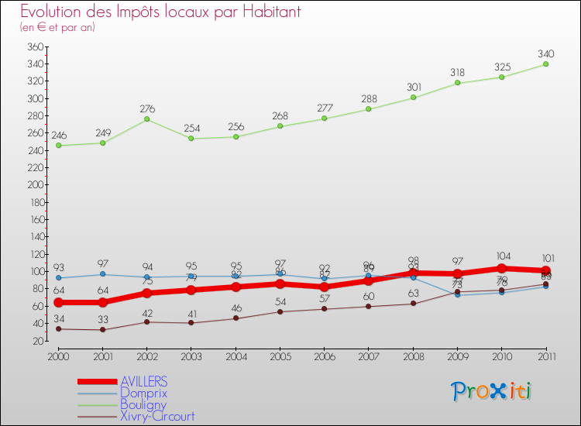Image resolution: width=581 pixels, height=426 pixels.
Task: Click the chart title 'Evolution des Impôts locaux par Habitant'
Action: (160, 12)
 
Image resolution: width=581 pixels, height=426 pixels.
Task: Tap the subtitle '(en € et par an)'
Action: (57, 27)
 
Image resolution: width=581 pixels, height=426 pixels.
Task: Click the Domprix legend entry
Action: (143, 393)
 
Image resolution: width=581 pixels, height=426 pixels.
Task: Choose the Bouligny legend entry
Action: (144, 404)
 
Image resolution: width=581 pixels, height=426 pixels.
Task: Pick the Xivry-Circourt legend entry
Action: (157, 416)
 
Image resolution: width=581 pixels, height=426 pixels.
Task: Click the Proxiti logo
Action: (492, 391)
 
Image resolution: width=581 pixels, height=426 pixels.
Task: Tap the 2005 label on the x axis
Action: (280, 356)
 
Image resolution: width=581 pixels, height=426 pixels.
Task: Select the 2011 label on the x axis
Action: (545, 356)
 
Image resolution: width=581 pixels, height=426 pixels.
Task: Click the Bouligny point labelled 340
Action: (545, 64)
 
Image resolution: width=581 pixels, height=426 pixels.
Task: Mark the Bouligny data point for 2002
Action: (146, 119)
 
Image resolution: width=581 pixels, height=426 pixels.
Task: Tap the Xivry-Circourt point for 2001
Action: (102, 330)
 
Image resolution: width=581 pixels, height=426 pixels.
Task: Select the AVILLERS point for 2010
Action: (501, 269)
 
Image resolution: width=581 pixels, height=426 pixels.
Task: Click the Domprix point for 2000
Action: (58, 278)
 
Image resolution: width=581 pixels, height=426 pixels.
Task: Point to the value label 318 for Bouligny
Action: (457, 72)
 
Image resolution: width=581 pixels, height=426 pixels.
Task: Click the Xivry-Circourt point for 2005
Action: (280, 311)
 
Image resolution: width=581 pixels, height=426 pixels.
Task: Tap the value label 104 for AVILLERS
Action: (501, 256)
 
